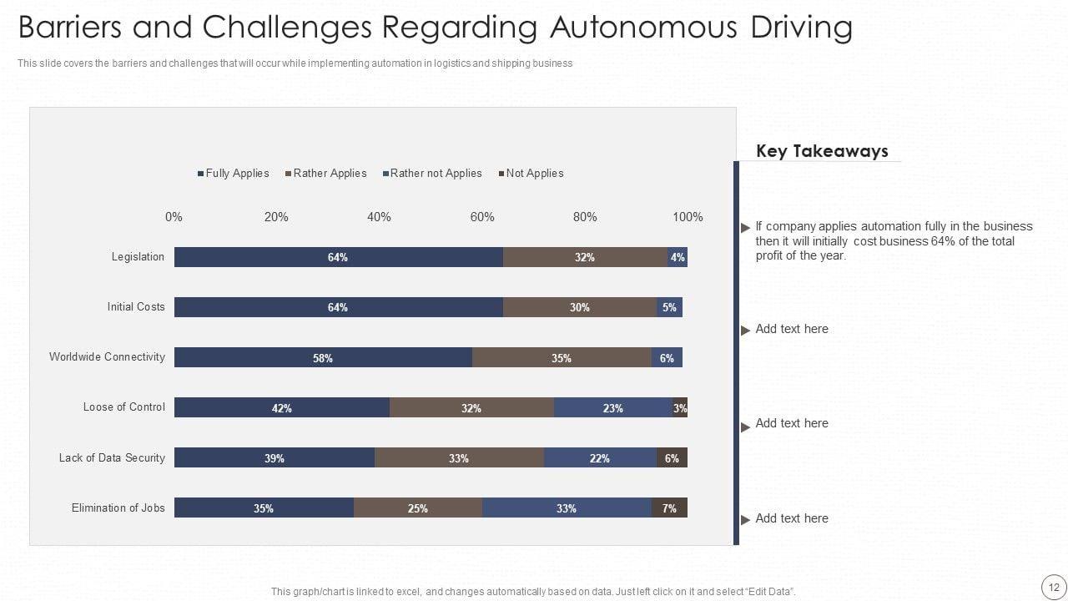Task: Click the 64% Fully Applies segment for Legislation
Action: point(338,257)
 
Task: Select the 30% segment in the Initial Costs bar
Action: point(580,307)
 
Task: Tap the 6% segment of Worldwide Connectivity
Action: point(667,357)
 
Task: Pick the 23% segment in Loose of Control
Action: point(613,407)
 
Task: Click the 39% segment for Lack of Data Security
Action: point(275,457)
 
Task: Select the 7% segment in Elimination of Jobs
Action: point(669,508)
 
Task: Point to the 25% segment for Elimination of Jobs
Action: point(418,508)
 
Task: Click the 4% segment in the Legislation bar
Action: point(678,257)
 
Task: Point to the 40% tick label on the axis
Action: point(379,217)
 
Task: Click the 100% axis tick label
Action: point(688,217)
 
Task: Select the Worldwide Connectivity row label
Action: point(107,357)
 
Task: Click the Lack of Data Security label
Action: point(112,457)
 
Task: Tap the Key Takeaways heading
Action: point(822,151)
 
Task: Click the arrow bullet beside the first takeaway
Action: point(745,228)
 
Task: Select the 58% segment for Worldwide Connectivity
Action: point(323,357)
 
